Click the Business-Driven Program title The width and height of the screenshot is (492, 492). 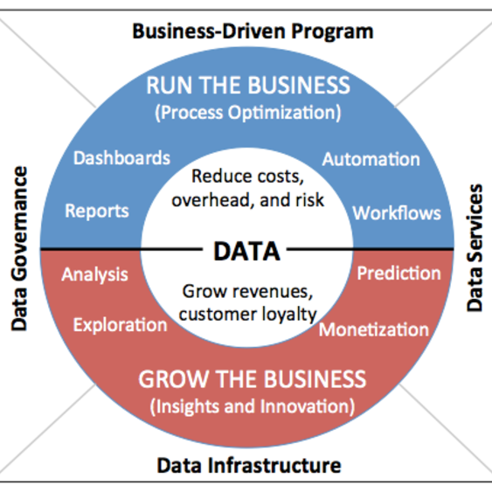253,32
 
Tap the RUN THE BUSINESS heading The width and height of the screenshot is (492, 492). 248,85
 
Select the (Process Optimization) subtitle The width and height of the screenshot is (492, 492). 248,113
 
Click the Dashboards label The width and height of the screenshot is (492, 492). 121,157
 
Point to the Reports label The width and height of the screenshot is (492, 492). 97,211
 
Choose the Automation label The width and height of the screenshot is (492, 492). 371,159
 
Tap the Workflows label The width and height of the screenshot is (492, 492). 397,213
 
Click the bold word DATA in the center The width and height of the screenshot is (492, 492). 246,252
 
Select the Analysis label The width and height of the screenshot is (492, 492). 94,275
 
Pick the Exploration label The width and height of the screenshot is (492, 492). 121,325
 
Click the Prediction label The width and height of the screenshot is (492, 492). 398,273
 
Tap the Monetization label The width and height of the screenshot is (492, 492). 374,329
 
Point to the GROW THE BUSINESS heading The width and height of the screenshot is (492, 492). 253,379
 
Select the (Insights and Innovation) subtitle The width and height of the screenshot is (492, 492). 253,406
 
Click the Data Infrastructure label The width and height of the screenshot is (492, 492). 249,466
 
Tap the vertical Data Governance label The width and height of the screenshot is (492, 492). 19,248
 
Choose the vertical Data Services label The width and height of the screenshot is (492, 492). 475,247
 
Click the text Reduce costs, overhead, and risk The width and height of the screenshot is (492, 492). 248,188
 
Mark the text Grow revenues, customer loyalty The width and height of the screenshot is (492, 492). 248,303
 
